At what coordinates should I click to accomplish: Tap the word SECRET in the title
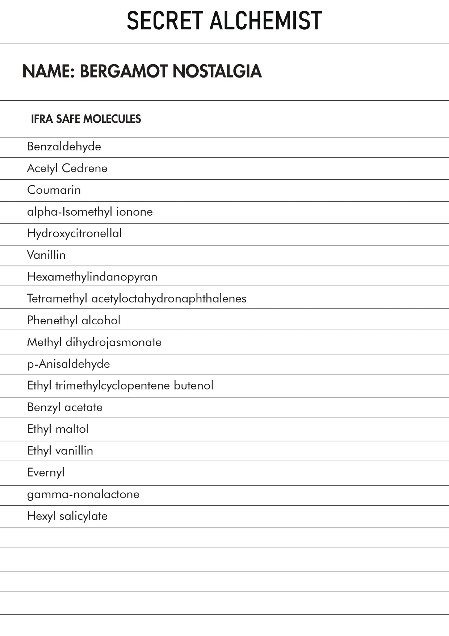[165, 21]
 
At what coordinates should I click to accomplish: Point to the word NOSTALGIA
[217, 71]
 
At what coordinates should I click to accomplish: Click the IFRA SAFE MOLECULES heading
[86, 119]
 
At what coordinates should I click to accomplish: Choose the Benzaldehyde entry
[64, 147]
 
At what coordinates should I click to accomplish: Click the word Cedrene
[84, 169]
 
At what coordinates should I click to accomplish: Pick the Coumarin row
[54, 190]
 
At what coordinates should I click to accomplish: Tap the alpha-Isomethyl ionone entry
[90, 212]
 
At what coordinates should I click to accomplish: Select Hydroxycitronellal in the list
[74, 233]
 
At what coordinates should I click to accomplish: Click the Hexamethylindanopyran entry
[92, 277]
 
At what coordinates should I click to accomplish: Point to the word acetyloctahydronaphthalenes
[169, 299]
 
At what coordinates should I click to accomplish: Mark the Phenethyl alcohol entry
[74, 320]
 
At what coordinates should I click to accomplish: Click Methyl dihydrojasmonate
[94, 342]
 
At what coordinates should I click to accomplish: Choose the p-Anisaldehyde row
[68, 364]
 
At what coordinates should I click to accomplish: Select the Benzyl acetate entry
[65, 407]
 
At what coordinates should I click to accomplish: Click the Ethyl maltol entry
[58, 429]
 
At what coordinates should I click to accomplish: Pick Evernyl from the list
[46, 473]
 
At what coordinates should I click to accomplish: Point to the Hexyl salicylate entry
[67, 516]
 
